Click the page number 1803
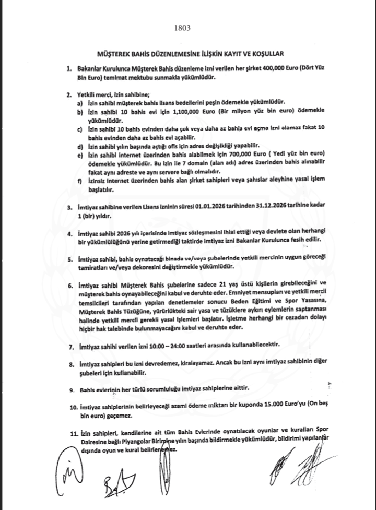click(x=187, y=29)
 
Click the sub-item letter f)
click(x=79, y=180)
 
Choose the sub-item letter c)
click(x=79, y=128)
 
